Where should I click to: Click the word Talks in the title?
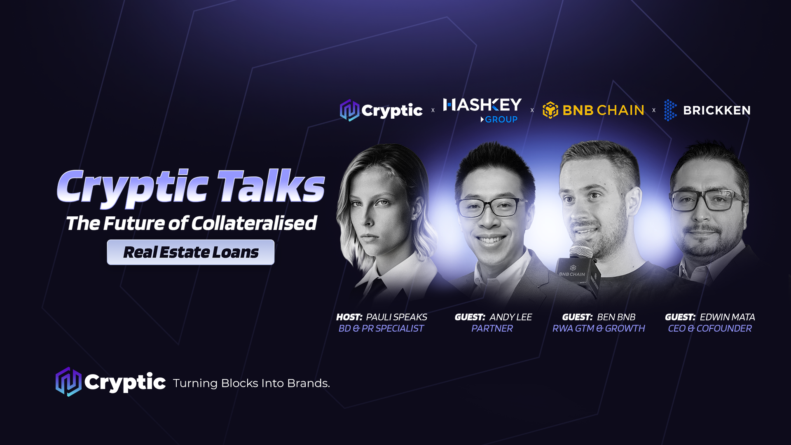click(x=271, y=186)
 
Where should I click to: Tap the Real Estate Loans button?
click(x=191, y=252)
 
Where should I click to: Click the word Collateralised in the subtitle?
click(x=254, y=223)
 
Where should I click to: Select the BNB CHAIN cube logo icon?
click(x=550, y=110)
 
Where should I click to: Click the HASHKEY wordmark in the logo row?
click(x=482, y=105)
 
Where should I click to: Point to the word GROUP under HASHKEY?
click(x=501, y=119)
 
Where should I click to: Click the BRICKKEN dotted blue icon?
click(x=670, y=110)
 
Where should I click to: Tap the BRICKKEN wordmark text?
click(x=716, y=110)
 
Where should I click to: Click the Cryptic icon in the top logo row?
click(x=349, y=110)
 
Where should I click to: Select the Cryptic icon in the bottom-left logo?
click(x=68, y=382)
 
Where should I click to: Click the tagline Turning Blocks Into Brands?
click(x=251, y=383)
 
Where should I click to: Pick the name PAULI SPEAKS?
click(x=396, y=317)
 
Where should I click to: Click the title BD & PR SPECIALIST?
click(x=381, y=328)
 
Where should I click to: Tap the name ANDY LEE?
click(x=510, y=317)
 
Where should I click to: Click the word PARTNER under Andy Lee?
click(x=492, y=328)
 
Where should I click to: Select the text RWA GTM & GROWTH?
click(x=598, y=328)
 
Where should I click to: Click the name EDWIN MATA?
click(x=727, y=317)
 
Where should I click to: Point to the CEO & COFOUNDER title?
click(x=709, y=328)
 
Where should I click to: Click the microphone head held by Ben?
click(x=581, y=250)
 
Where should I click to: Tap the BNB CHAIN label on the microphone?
click(x=572, y=274)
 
